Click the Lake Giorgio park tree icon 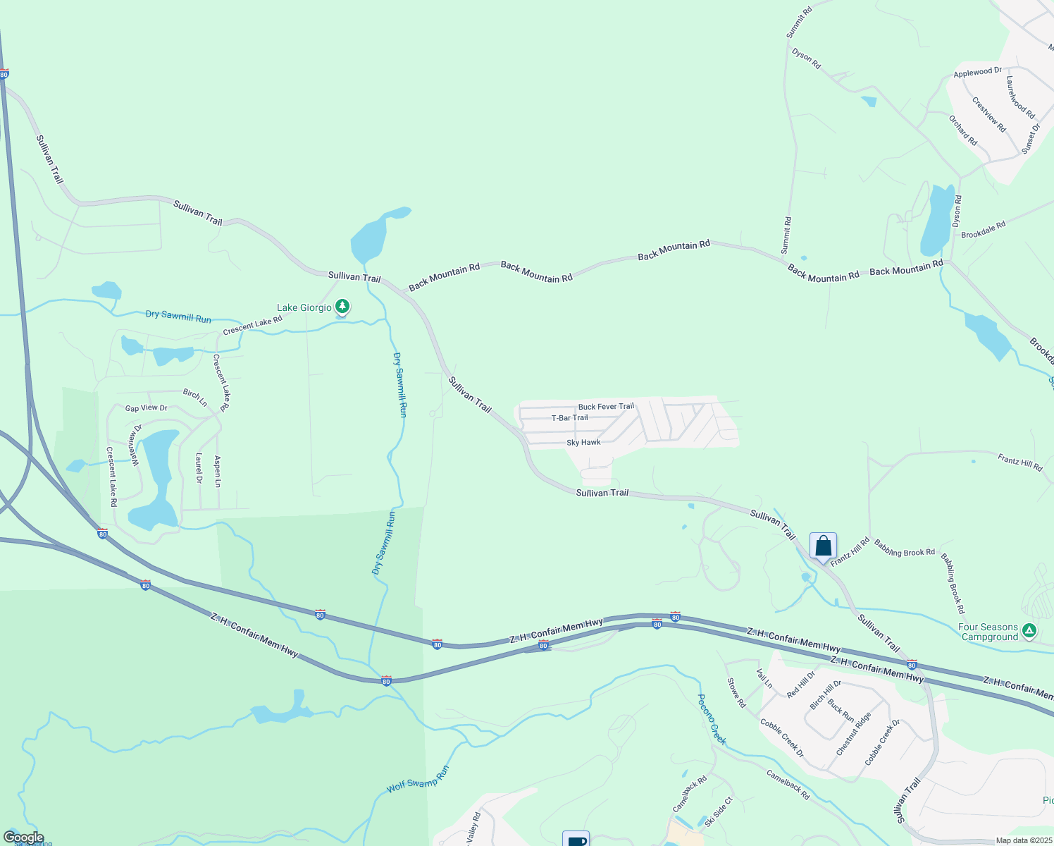342,307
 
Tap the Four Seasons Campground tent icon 1029,630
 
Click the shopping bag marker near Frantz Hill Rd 823,546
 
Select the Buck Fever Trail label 606,407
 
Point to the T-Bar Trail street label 569,418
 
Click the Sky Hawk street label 583,443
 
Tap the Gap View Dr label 147,408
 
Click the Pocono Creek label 712,719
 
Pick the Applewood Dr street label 977,73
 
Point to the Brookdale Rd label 983,230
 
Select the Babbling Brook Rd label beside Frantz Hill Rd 904,548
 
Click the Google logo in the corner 23,838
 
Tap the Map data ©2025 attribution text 1022,840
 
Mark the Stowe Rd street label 736,692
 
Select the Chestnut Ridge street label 853,734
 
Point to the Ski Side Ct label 719,810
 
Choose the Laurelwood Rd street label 1019,97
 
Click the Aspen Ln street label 217,472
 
